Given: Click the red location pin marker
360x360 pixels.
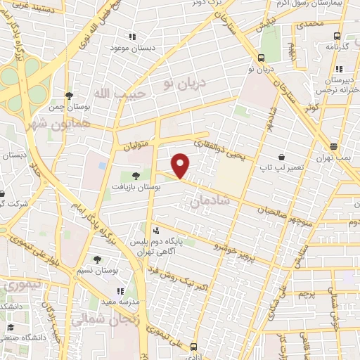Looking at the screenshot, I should [x=181, y=165].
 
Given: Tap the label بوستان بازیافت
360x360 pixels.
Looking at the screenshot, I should [x=138, y=188].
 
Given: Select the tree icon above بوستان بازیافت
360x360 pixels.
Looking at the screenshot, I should [x=136, y=176].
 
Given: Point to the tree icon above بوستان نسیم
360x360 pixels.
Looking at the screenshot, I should [x=96, y=259].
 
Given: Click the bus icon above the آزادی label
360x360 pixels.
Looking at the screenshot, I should [x=193, y=346].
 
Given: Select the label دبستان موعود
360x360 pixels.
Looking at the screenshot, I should [x=131, y=48].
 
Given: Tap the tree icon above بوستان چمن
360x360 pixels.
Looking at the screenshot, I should [x=68, y=96].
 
